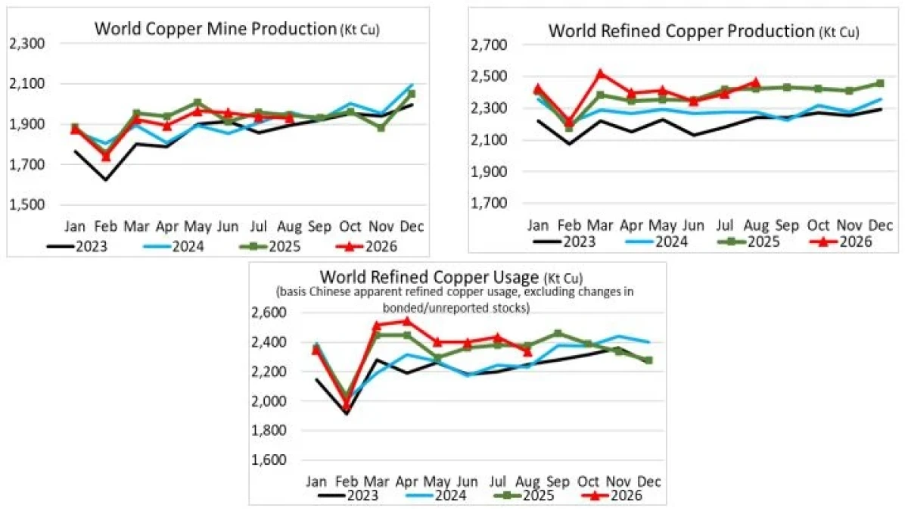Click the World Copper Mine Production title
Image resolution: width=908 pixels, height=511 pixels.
tap(237, 29)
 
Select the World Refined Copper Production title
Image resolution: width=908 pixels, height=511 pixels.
tap(704, 31)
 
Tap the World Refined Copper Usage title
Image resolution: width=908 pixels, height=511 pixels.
tap(451, 277)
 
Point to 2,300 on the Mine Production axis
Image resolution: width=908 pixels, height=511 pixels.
tap(27, 44)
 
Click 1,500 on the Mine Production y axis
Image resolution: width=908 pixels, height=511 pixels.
tap(27, 204)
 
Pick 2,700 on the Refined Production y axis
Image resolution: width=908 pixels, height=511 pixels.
tap(490, 45)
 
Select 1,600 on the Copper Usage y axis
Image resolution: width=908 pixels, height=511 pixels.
tap(269, 460)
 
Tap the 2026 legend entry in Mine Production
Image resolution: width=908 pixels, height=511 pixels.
tap(367, 246)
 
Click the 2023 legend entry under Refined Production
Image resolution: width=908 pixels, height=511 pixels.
tap(564, 241)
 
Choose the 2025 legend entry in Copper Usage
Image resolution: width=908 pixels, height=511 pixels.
tap(525, 495)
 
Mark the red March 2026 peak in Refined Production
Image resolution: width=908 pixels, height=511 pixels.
tap(600, 73)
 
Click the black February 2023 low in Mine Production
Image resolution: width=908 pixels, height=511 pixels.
tap(106, 179)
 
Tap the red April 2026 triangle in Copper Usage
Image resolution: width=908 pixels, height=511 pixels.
tap(406, 321)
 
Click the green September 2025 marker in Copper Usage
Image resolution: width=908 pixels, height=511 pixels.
tap(558, 333)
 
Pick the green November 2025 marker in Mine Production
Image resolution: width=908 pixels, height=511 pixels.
tap(381, 128)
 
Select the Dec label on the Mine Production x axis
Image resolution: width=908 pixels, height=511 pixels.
tap(412, 226)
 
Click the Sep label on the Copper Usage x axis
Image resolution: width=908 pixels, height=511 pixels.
tap(558, 482)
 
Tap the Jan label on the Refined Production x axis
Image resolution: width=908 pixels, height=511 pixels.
tap(538, 225)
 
